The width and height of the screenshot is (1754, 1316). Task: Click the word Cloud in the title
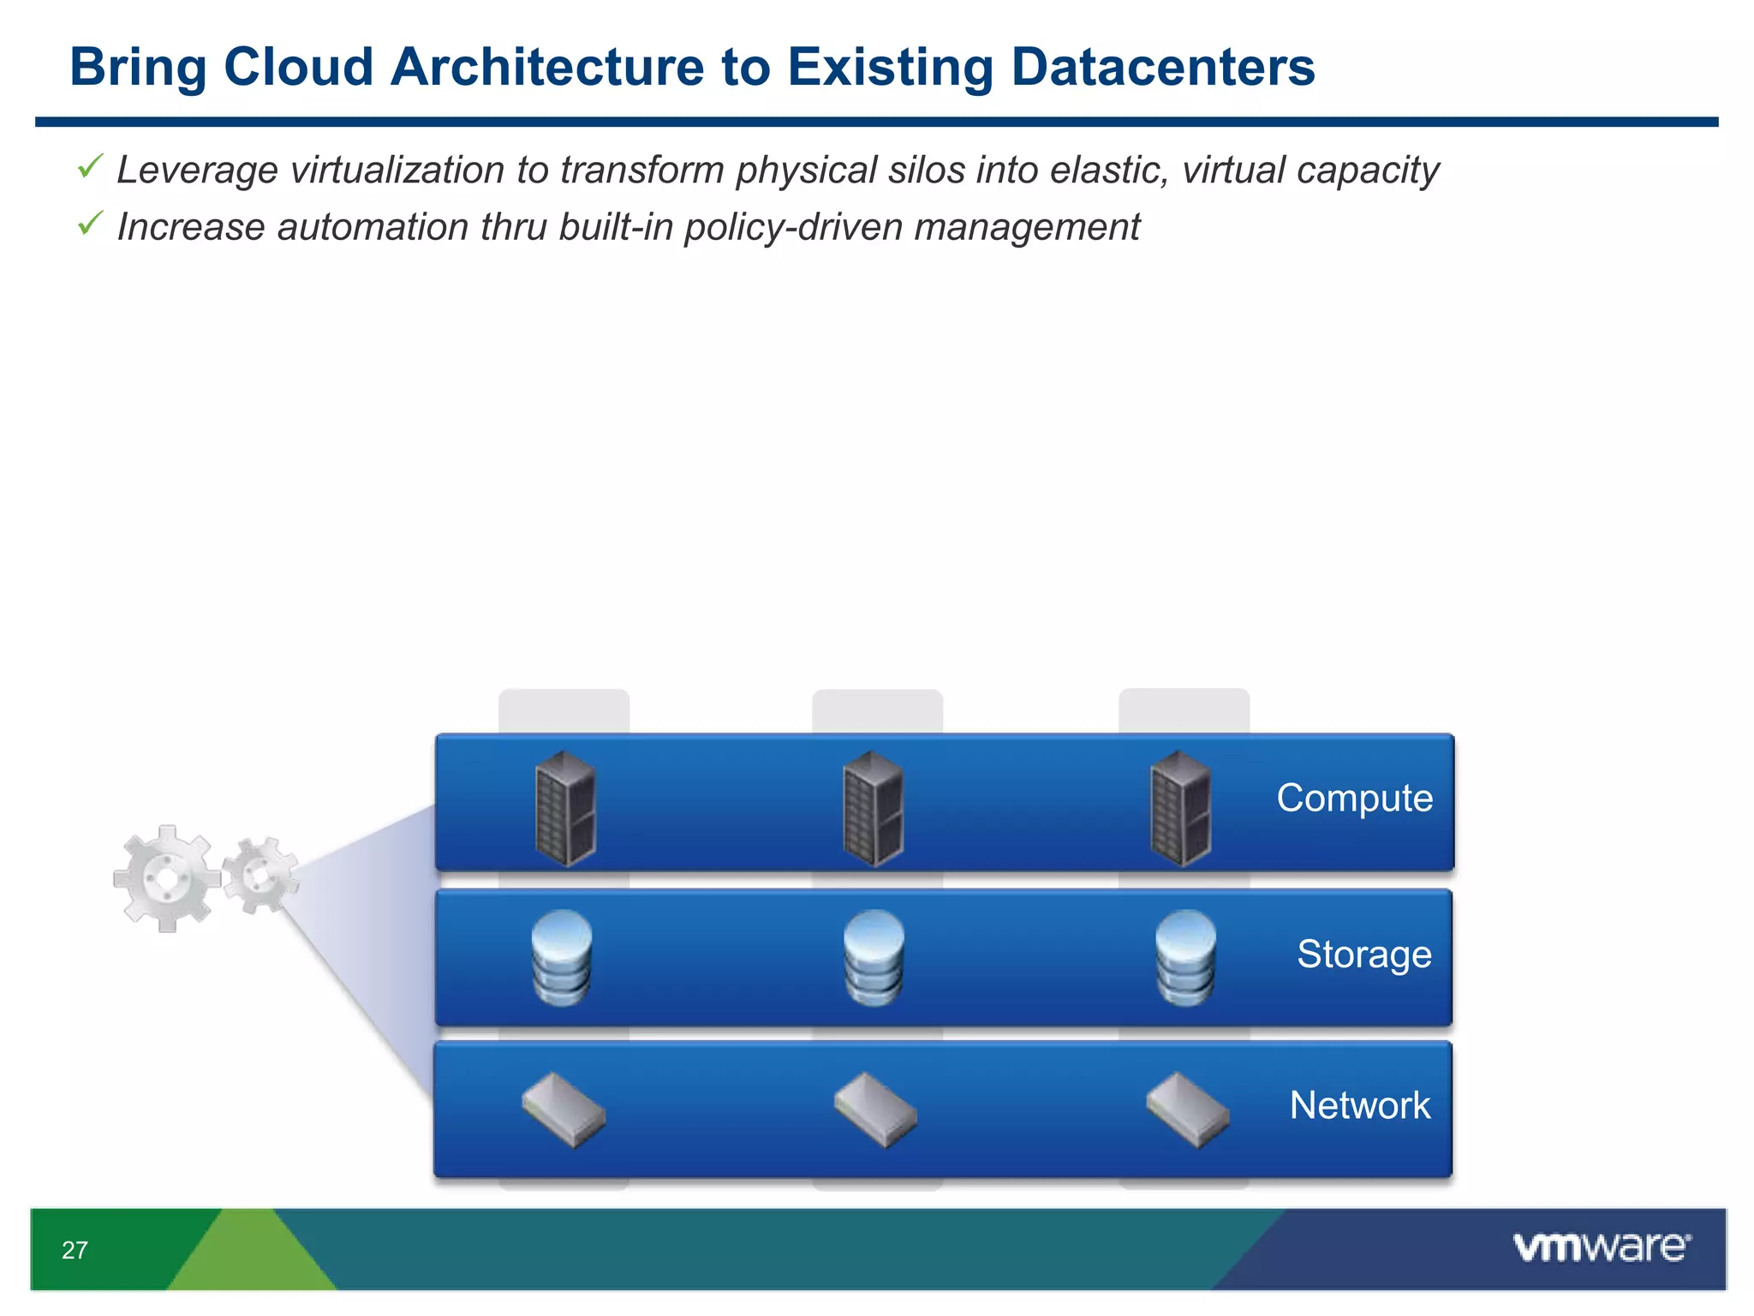click(x=298, y=67)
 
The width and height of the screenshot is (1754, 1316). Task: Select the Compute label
click(x=1354, y=798)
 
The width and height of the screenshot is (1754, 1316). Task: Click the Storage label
click(x=1363, y=954)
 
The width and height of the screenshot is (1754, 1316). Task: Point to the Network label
click(x=1359, y=1105)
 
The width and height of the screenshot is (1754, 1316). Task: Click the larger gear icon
click(x=166, y=878)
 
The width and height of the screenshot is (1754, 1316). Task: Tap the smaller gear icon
click(x=260, y=875)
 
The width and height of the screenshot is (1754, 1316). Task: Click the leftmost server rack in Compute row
click(x=564, y=808)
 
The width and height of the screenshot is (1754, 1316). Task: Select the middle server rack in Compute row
click(x=873, y=808)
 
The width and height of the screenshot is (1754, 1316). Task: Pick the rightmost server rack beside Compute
click(x=1180, y=808)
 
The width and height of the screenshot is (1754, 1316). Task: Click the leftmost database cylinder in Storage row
click(x=562, y=957)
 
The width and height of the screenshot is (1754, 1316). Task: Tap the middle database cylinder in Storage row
click(x=874, y=957)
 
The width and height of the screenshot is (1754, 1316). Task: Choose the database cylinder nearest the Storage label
click(x=1185, y=957)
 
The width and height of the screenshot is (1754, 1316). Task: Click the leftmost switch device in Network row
click(x=564, y=1110)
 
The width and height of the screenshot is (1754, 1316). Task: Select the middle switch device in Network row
click(x=875, y=1110)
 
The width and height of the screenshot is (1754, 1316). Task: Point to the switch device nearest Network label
click(x=1188, y=1110)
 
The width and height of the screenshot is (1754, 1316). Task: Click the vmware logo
click(x=1601, y=1247)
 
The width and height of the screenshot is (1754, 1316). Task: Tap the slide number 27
click(x=75, y=1250)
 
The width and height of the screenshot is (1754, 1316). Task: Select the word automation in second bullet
click(x=373, y=228)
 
